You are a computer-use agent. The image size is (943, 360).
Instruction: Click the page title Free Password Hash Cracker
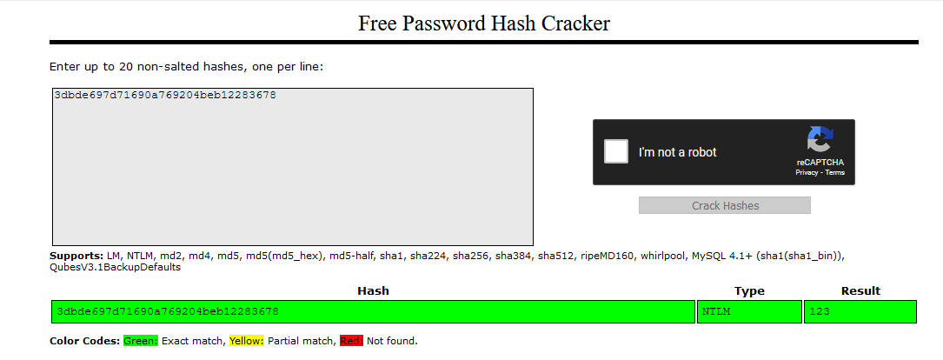[x=483, y=23]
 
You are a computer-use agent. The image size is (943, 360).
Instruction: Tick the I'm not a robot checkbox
[x=616, y=151]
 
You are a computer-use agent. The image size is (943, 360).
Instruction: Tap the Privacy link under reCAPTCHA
[x=807, y=173]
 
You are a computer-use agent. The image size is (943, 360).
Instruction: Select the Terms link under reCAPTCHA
[x=834, y=173]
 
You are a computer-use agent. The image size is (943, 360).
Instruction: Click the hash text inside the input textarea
[x=165, y=95]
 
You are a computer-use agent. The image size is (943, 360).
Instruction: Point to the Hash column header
[x=373, y=290]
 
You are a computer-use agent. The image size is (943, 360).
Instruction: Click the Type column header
[x=748, y=290]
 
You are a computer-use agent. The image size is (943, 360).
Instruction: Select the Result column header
[x=860, y=290]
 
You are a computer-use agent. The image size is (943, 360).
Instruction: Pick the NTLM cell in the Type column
[x=718, y=311]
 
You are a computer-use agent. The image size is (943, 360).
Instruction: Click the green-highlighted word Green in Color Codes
[x=140, y=341]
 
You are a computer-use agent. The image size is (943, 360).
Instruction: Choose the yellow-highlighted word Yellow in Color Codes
[x=246, y=341]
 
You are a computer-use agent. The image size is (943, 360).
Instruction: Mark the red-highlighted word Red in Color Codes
[x=351, y=341]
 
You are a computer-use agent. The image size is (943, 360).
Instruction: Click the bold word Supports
[x=76, y=256]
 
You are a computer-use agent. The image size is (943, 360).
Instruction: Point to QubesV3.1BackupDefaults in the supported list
[x=116, y=267]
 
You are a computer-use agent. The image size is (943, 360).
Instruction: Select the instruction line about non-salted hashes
[x=187, y=66]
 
